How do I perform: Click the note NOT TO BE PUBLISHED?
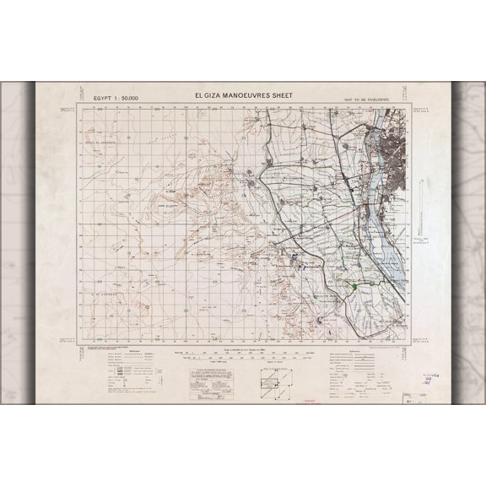click(x=375, y=100)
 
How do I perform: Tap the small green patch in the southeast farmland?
click(x=355, y=288)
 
